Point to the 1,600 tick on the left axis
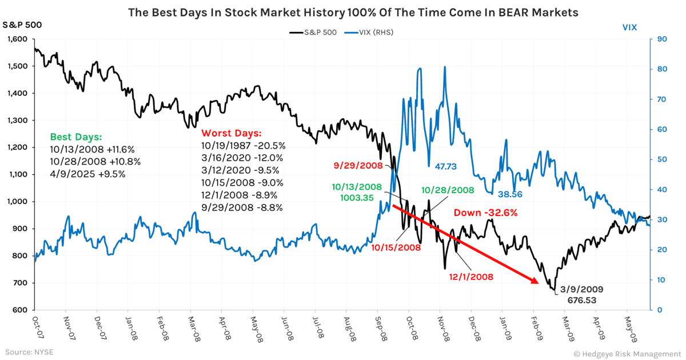coord(17,39)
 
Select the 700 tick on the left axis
coord(21,283)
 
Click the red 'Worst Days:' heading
coord(229,132)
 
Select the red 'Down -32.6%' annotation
coord(485,213)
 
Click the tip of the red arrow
coord(538,282)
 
